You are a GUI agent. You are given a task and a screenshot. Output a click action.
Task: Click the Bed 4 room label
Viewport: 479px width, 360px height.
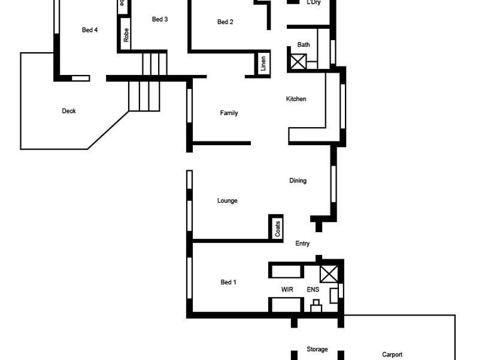90,30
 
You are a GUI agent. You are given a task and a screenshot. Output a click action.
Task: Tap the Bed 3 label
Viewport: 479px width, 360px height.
160,19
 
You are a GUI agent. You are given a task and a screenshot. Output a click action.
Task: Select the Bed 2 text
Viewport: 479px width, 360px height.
225,22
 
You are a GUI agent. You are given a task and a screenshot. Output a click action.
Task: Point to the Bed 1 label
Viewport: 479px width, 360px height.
229,282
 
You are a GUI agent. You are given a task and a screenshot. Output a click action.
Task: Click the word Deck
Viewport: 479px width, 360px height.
69,111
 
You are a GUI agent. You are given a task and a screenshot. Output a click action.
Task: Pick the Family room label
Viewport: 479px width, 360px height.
229,113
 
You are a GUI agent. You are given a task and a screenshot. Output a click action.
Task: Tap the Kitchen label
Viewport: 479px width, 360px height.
296,99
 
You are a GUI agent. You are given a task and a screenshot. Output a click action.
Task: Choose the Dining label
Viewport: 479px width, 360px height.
298,181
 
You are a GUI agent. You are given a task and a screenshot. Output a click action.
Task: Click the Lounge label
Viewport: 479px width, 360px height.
228,201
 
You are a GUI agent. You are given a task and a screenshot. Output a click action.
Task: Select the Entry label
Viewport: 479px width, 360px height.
302,244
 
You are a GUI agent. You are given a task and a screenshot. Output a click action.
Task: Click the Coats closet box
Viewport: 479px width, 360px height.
276,228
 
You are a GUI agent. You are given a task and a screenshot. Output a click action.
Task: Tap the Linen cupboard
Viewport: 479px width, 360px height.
263,64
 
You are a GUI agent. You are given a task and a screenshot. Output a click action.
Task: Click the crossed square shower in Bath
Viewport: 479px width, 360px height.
298,61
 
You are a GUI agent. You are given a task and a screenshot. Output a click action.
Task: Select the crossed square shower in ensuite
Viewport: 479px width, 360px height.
329,274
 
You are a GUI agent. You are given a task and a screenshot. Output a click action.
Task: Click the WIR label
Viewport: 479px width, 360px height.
287,289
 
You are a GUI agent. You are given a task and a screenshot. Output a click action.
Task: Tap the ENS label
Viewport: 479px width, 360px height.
313,289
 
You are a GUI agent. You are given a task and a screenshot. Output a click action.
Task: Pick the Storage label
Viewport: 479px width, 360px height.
317,349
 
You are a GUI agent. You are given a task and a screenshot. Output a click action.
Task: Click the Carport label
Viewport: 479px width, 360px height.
392,355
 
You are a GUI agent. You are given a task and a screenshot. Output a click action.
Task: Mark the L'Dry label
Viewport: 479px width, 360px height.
313,3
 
